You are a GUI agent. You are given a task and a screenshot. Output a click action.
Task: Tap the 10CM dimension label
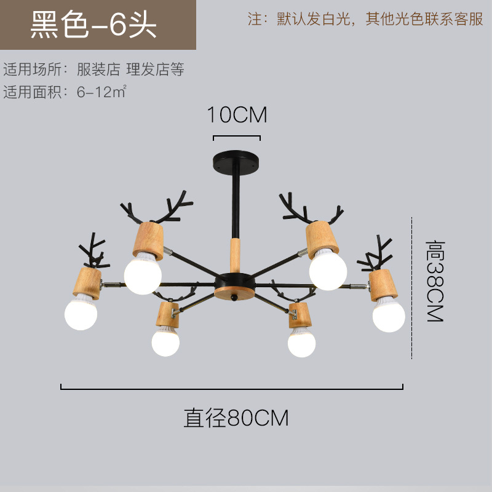tap(237, 114)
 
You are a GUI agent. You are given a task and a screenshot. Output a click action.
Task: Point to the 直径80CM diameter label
tap(236, 418)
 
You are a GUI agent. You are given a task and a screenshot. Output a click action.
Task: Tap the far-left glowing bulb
tap(81, 312)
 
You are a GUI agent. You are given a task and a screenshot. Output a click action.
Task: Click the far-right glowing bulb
tap(389, 314)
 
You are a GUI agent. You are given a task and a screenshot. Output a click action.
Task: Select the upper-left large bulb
tap(143, 272)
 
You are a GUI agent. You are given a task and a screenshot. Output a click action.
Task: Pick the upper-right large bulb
tap(328, 270)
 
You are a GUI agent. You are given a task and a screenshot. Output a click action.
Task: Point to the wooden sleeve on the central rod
tap(234, 253)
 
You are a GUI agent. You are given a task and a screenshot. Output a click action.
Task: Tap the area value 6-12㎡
tap(102, 93)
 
